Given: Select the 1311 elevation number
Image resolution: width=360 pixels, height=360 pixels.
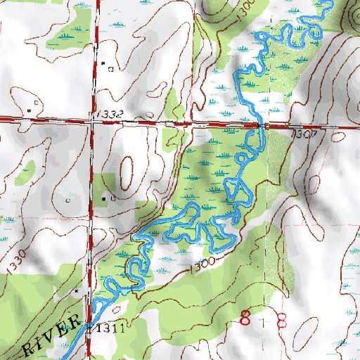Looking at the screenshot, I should point(110,328).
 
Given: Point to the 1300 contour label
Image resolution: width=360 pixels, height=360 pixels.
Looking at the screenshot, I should point(202,265).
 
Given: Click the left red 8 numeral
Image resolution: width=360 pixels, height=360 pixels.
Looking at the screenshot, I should point(245,318).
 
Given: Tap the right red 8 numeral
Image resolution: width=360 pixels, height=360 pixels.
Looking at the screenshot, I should point(281,320).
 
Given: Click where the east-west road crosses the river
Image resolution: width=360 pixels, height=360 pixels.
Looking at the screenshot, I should point(262,127).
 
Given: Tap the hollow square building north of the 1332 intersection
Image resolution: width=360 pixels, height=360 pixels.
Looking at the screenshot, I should point(111,69).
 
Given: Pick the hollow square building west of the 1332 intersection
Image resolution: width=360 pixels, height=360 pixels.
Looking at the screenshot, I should point(29,110).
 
